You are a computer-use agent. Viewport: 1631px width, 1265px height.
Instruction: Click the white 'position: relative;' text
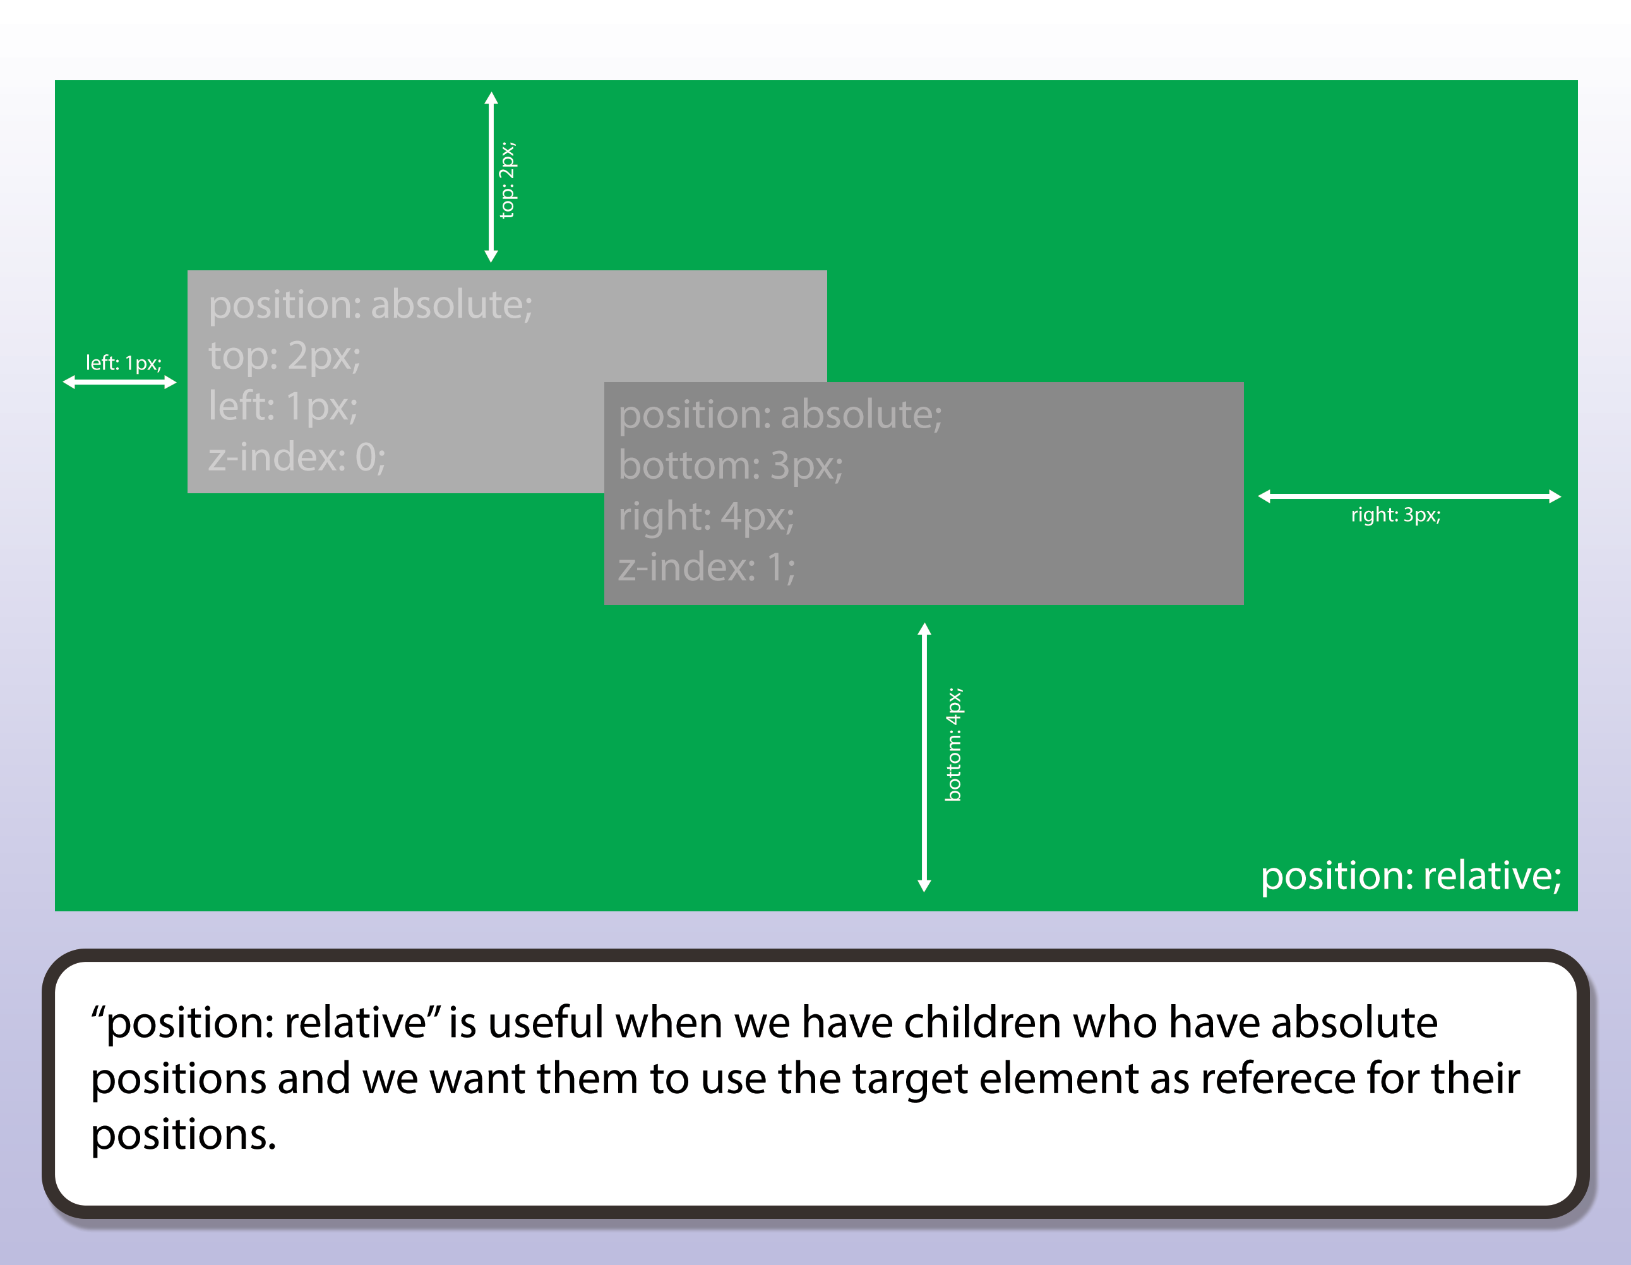[x=1410, y=876]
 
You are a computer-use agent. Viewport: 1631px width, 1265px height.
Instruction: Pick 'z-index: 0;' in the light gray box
[x=297, y=457]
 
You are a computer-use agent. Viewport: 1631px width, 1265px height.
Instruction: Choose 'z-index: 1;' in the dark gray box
[x=706, y=567]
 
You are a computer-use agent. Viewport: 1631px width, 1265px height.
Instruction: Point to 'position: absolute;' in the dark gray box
[x=780, y=414]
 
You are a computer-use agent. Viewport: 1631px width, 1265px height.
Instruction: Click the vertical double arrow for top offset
[x=491, y=177]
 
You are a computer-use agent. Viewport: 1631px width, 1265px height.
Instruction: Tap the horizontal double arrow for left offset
[x=119, y=382]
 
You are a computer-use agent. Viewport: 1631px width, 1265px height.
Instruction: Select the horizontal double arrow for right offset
[x=1409, y=496]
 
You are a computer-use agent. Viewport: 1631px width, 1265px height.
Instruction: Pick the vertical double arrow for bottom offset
[x=924, y=757]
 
